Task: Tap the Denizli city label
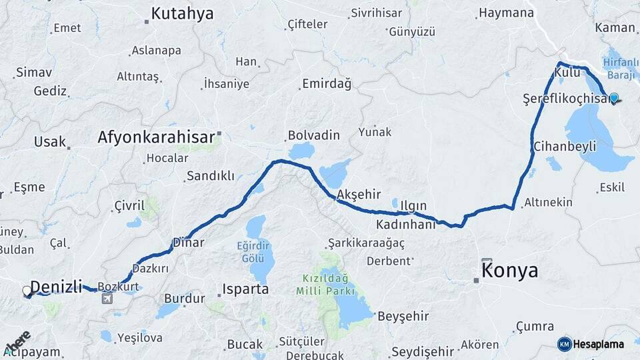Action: point(57,287)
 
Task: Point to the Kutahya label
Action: point(182,13)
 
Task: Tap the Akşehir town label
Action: point(359,194)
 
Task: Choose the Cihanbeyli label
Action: point(565,146)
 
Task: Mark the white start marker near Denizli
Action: point(27,291)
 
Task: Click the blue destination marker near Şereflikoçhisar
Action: point(613,97)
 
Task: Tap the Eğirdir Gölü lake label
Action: point(255,251)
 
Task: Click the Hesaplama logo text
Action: point(598,344)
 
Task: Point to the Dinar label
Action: point(188,243)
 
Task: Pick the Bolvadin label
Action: point(314,135)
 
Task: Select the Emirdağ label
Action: point(327,83)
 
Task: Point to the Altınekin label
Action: point(548,201)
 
